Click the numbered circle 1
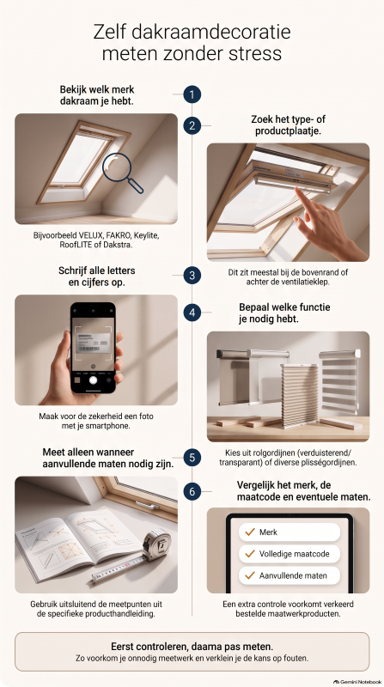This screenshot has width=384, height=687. point(192,94)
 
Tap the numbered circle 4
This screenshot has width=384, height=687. point(192,313)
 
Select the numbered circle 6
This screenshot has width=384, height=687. point(192,491)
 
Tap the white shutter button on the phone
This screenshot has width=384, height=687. point(93,380)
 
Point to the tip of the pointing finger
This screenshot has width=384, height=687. point(296,189)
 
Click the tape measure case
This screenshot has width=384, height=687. point(156,544)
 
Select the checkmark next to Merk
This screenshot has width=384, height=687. point(250,532)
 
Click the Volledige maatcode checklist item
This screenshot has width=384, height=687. point(290,554)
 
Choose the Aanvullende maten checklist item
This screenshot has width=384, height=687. point(290,575)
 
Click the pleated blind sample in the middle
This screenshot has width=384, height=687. point(300,396)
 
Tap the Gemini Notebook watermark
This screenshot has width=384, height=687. point(357,682)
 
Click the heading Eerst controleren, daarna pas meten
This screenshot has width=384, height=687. point(192,647)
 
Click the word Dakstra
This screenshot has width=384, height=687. point(119,245)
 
